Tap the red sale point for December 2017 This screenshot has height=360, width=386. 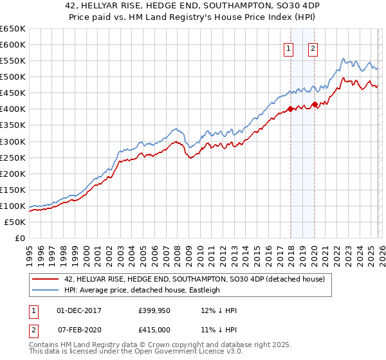(290, 109)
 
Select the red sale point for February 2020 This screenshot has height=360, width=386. (315, 104)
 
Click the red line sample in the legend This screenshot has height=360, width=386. (46, 279)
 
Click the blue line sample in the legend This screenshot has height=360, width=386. (46, 290)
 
